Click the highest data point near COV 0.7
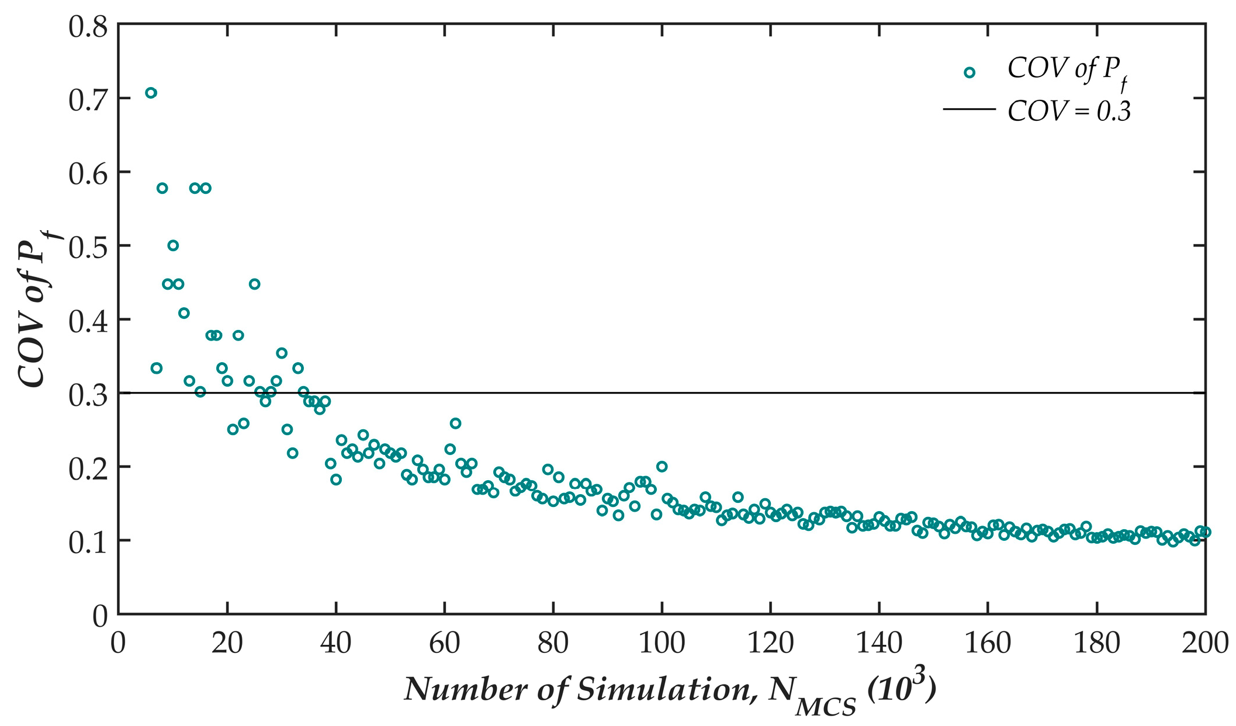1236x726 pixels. click(x=151, y=93)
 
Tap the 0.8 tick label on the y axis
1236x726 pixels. click(x=88, y=27)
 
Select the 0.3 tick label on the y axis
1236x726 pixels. click(x=88, y=395)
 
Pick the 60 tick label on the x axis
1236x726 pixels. click(x=444, y=643)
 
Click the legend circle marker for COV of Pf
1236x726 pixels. click(x=969, y=73)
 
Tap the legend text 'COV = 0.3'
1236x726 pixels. click(x=1069, y=111)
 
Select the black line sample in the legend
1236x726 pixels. click(x=969, y=109)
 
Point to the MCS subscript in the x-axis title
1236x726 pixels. click(x=826, y=707)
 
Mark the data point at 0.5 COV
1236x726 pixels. click(x=173, y=245)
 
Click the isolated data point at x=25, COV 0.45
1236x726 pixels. click(x=254, y=284)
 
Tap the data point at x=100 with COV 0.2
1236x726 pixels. click(x=662, y=466)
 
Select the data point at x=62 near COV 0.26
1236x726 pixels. click(x=455, y=423)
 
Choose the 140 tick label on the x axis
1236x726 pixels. click(x=878, y=643)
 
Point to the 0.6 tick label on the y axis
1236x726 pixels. click(x=88, y=174)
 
